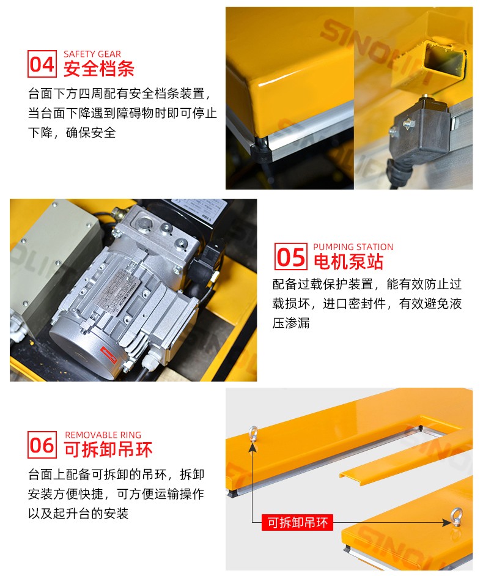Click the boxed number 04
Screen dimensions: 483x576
(42, 64)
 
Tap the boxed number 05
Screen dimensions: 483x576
(291, 256)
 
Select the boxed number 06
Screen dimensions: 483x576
(42, 445)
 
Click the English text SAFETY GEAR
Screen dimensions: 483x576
(92, 54)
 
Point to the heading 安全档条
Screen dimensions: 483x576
(99, 68)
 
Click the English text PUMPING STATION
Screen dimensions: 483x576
(353, 247)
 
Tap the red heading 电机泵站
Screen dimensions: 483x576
(348, 262)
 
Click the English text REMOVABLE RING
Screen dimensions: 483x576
(103, 435)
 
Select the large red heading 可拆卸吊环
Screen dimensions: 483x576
(108, 449)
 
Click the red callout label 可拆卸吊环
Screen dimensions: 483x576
(297, 522)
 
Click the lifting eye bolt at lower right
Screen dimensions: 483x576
(457, 517)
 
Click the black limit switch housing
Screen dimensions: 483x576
(421, 130)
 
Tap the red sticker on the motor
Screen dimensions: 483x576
(109, 354)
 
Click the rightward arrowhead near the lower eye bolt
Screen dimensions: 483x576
(446, 522)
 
